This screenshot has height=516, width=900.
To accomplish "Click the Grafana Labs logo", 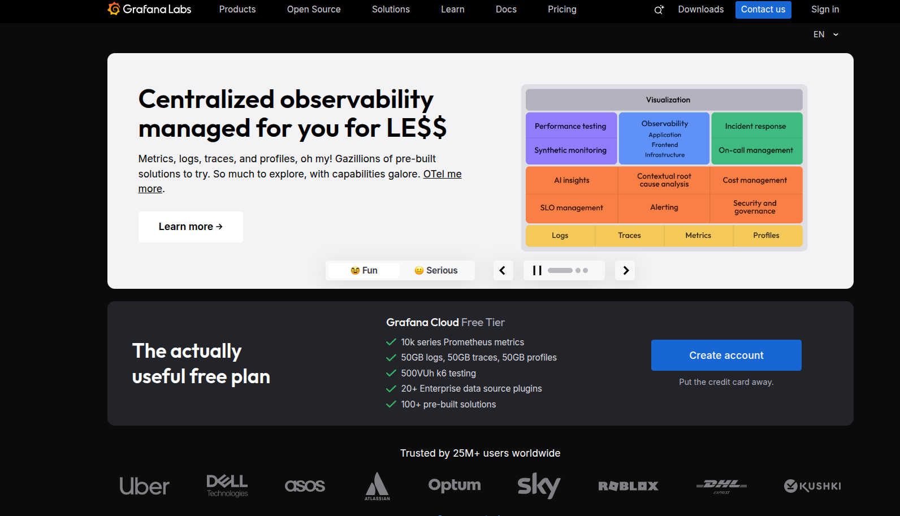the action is [149, 9].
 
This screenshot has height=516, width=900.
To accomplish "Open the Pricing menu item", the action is [562, 9].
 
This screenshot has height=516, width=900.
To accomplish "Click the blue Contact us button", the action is [763, 10].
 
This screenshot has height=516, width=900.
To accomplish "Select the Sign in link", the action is [825, 9].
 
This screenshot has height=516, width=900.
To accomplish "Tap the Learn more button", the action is [191, 227].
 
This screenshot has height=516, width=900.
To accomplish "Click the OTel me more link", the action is [300, 181].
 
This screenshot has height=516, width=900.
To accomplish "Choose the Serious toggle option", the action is [436, 270].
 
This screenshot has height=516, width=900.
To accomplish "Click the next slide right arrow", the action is [625, 270].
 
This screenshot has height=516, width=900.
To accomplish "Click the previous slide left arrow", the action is [503, 270].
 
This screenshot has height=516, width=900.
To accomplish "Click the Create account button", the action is [726, 355].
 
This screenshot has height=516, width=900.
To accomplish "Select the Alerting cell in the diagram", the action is [664, 207].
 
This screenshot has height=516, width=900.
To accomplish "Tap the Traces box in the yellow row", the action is [629, 235].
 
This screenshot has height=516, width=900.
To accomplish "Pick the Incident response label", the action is [755, 126].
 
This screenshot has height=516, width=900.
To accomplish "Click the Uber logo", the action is [144, 486].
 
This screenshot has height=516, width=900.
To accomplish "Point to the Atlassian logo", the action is [377, 486].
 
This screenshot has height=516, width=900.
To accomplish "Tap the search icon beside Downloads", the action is [659, 10].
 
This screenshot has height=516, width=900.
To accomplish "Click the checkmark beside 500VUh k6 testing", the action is [391, 373].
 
